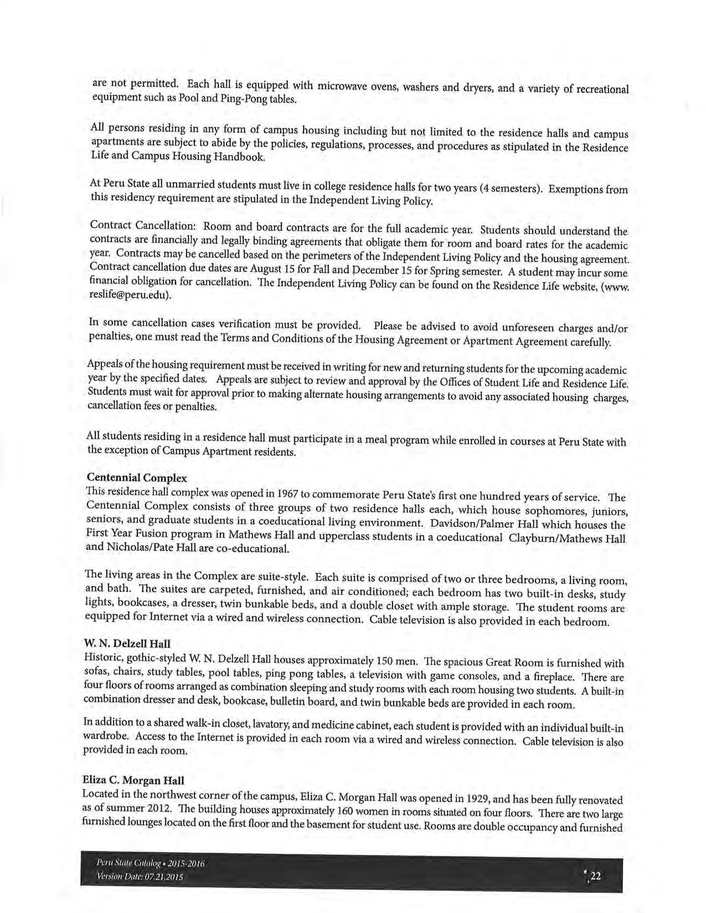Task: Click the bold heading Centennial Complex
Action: point(137,478)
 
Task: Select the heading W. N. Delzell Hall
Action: point(127,644)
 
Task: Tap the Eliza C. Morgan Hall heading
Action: point(133,780)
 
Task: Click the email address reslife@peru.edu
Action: point(130,295)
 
